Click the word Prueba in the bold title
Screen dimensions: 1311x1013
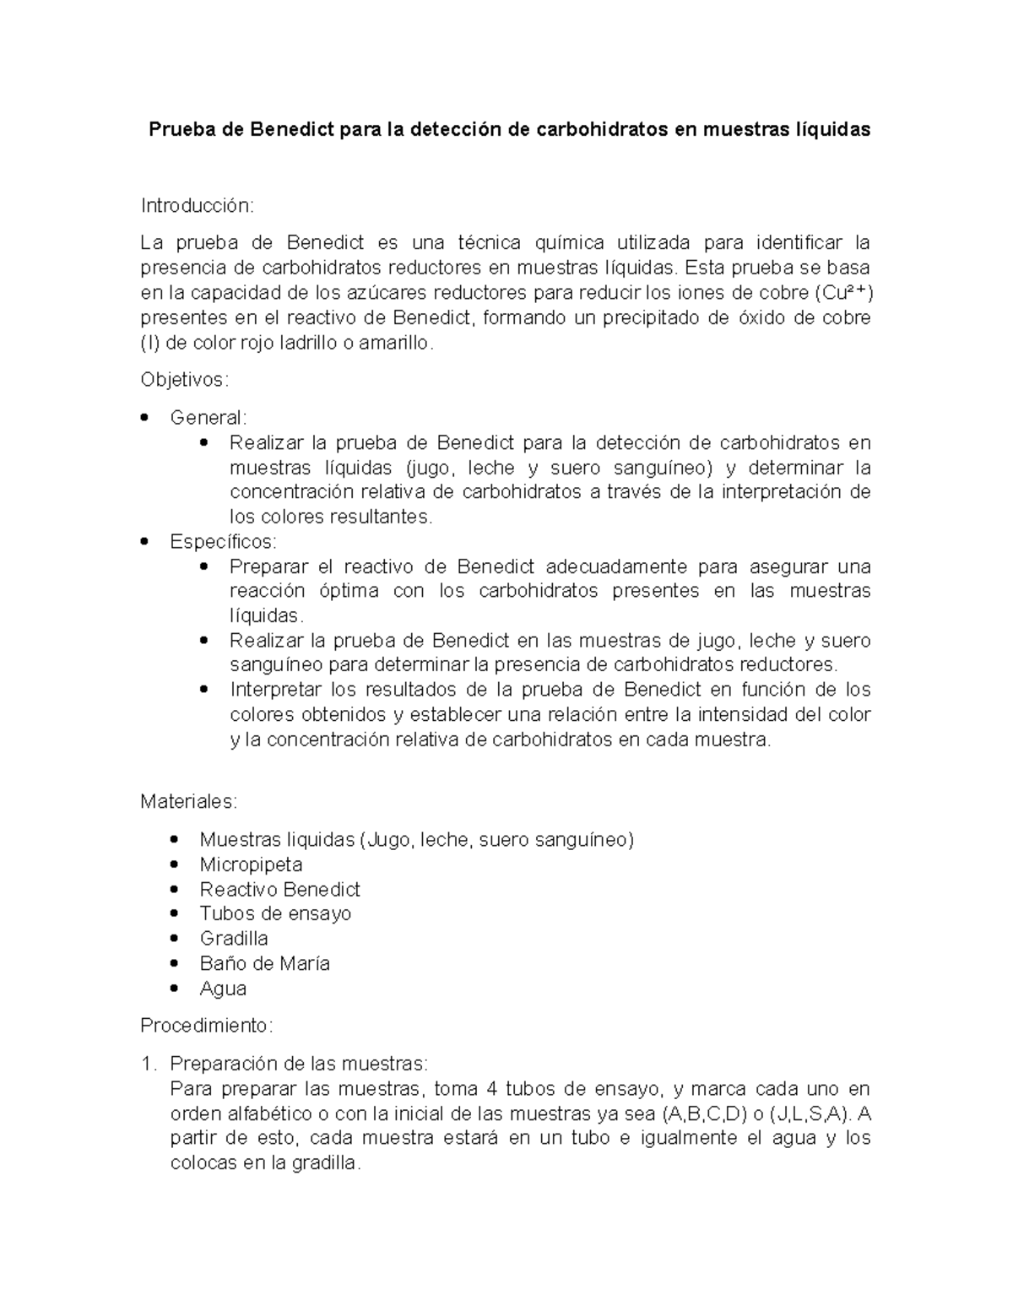click(x=178, y=130)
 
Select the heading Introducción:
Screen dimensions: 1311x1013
click(x=197, y=206)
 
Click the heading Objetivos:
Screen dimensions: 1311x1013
click(x=184, y=380)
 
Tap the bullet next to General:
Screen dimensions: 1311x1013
click(x=146, y=417)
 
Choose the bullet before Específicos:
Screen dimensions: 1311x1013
click(x=146, y=541)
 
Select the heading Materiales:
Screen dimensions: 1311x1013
click(x=189, y=800)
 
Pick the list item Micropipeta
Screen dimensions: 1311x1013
click(x=251, y=864)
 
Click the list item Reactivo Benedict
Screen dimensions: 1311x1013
click(x=279, y=889)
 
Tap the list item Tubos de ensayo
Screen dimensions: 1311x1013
click(x=275, y=913)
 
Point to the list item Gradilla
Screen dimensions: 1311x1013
click(x=234, y=938)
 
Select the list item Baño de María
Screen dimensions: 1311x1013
click(x=264, y=963)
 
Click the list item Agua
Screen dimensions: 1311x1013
click(x=223, y=988)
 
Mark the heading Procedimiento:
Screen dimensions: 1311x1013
click(x=207, y=1026)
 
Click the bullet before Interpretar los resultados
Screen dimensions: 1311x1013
click(x=205, y=690)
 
